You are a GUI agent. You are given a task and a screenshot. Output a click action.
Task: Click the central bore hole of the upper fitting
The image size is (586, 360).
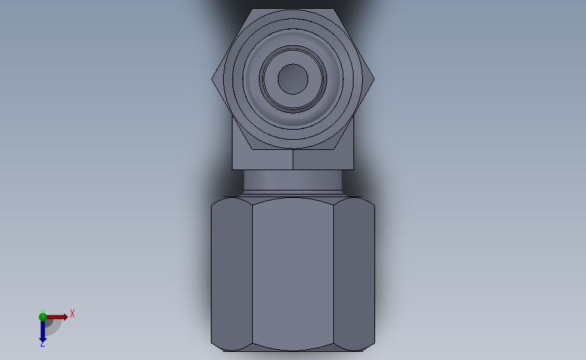293,79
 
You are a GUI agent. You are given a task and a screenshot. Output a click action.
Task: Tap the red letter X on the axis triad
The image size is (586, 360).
72,313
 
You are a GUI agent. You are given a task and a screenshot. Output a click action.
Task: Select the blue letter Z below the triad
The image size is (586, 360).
42,344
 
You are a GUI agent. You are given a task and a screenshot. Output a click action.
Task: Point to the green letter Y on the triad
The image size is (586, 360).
42,311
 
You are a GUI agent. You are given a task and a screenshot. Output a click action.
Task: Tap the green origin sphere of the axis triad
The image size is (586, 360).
43,317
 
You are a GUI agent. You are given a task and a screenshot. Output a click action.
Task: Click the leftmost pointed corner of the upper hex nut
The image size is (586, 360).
212,79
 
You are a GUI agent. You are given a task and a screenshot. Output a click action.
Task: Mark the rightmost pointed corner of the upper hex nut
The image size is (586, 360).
374,79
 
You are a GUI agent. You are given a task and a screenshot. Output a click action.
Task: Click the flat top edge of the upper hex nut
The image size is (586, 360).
293,9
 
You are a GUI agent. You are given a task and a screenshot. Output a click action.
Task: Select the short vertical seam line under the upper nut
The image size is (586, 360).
293,159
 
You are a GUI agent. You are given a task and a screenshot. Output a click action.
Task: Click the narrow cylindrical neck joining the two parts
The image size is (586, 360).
293,180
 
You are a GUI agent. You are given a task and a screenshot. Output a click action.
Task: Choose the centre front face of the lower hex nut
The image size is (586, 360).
293,274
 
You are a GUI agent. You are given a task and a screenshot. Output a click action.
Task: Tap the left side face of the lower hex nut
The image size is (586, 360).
231,274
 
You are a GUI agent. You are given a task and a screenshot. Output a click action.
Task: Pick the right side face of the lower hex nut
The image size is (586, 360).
355,274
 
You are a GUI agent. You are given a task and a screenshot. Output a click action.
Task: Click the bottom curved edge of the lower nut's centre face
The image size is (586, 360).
293,350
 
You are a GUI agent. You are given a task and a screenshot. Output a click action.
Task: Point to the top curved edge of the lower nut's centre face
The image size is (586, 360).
293,198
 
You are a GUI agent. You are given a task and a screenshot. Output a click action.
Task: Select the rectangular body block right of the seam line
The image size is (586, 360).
323,159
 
